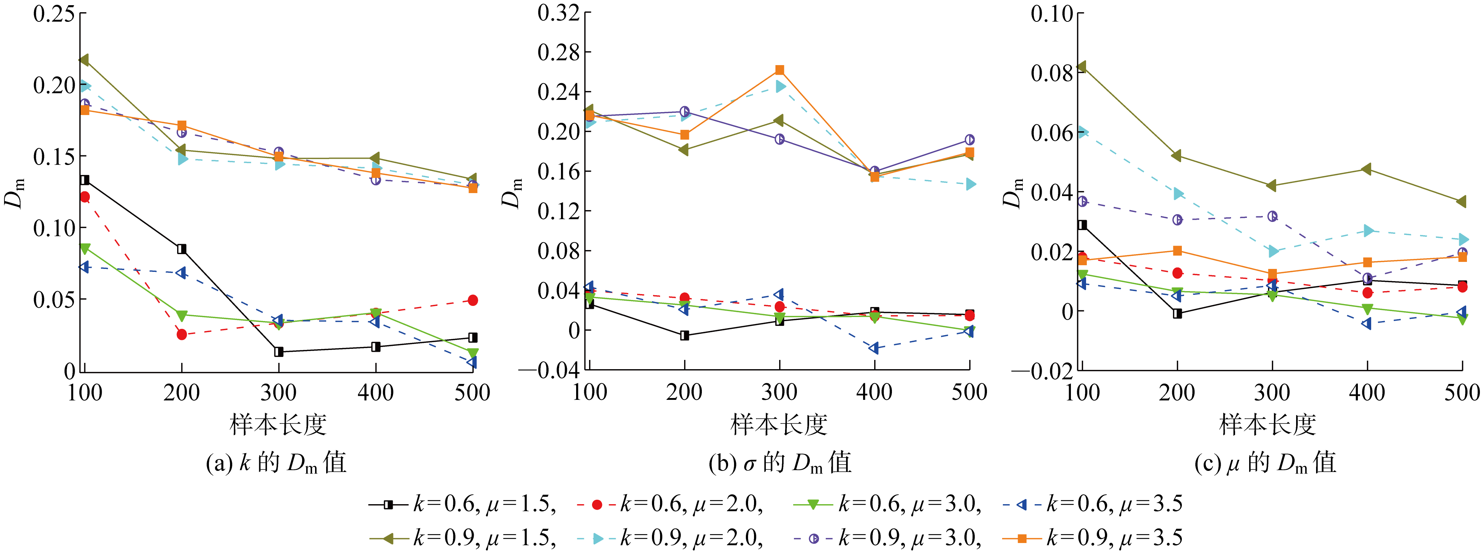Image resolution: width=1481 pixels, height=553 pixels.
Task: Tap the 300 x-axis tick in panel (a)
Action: (x=278, y=392)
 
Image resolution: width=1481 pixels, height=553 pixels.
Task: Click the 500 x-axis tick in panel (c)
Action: (x=1461, y=392)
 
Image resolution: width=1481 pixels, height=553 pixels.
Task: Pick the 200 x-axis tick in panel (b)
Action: (x=684, y=392)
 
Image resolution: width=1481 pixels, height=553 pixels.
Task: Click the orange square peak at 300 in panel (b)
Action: (x=780, y=70)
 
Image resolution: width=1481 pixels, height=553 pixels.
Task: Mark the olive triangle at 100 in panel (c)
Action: (x=1081, y=67)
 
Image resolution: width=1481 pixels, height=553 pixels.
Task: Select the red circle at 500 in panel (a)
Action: (x=473, y=300)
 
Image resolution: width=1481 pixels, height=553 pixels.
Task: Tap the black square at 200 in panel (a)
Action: (x=182, y=249)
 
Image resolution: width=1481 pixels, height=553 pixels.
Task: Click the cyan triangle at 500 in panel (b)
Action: (x=970, y=184)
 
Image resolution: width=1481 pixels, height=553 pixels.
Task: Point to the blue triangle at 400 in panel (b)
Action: (x=874, y=348)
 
